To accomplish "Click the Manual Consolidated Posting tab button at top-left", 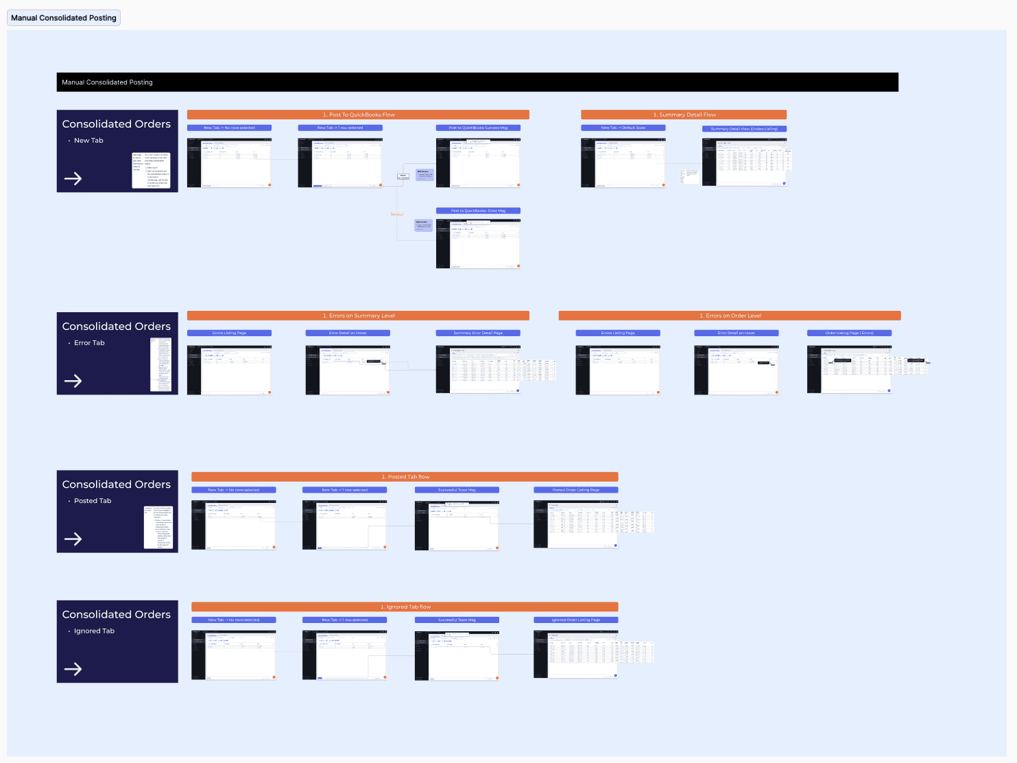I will click(64, 18).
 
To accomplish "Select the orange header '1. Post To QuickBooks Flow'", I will click(358, 115).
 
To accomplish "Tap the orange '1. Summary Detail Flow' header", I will click(684, 115).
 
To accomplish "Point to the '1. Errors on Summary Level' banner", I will click(358, 316).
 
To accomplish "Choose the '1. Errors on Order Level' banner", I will click(730, 316).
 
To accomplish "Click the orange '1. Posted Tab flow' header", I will click(405, 477).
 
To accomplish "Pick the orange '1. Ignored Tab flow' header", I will click(405, 607).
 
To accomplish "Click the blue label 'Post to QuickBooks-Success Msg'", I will click(478, 128).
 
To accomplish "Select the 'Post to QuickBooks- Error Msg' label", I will click(478, 211).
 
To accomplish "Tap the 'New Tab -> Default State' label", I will click(623, 128).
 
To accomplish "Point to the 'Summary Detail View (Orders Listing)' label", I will click(744, 129).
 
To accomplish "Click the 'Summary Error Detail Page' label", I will click(478, 333).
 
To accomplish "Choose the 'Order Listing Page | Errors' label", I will click(849, 333).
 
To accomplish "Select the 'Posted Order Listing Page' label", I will click(576, 490).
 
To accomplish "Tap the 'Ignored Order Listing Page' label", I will click(576, 620).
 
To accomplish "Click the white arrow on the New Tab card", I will click(73, 179).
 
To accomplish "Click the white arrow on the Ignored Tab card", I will click(73, 669).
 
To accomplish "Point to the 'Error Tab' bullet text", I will click(89, 343).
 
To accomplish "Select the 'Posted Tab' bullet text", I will click(93, 501).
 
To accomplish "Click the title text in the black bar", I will click(107, 82).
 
